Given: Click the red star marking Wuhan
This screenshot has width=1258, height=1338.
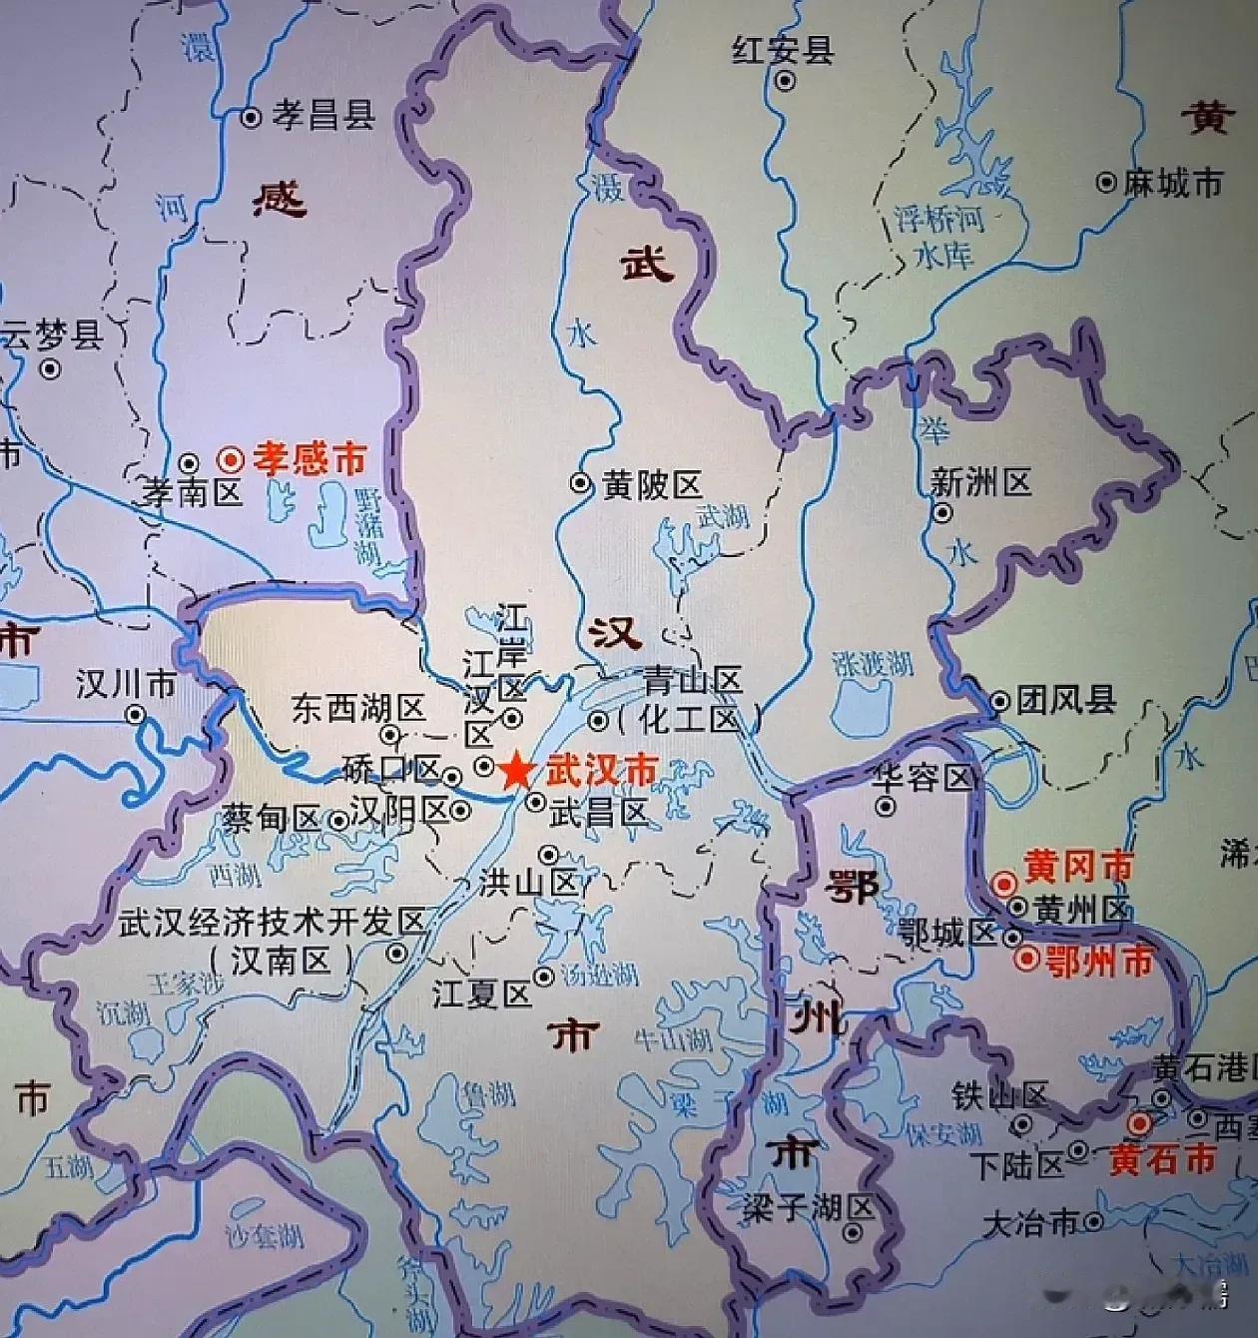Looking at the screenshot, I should pos(515,771).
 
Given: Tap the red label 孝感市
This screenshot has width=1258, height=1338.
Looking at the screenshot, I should pos(309,459).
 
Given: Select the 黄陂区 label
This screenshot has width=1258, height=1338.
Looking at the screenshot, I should pos(652,485).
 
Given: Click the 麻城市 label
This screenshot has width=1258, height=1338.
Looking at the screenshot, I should pos(1172,183).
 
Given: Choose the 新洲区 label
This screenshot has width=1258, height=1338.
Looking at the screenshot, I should pos(980,482).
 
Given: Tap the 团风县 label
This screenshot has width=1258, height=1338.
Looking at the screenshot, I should pos(1065,699).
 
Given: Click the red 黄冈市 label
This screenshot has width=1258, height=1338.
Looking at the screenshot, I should pos(1079,866).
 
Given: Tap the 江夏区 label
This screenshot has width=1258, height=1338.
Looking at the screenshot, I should pos(481,994).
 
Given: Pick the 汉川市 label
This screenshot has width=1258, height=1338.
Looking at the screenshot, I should pos(126,684).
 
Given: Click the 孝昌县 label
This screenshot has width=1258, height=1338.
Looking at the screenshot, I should pos(323,116).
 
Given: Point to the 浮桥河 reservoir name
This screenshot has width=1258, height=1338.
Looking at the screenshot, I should pos(939,219).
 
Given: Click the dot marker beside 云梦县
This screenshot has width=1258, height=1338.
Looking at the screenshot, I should pos(49,369).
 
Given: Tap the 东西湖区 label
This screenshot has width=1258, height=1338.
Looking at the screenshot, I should pos(358,708).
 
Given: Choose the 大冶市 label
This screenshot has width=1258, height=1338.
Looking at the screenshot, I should pos(1030,1223).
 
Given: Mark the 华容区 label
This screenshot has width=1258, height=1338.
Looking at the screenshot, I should pos(923,778).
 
